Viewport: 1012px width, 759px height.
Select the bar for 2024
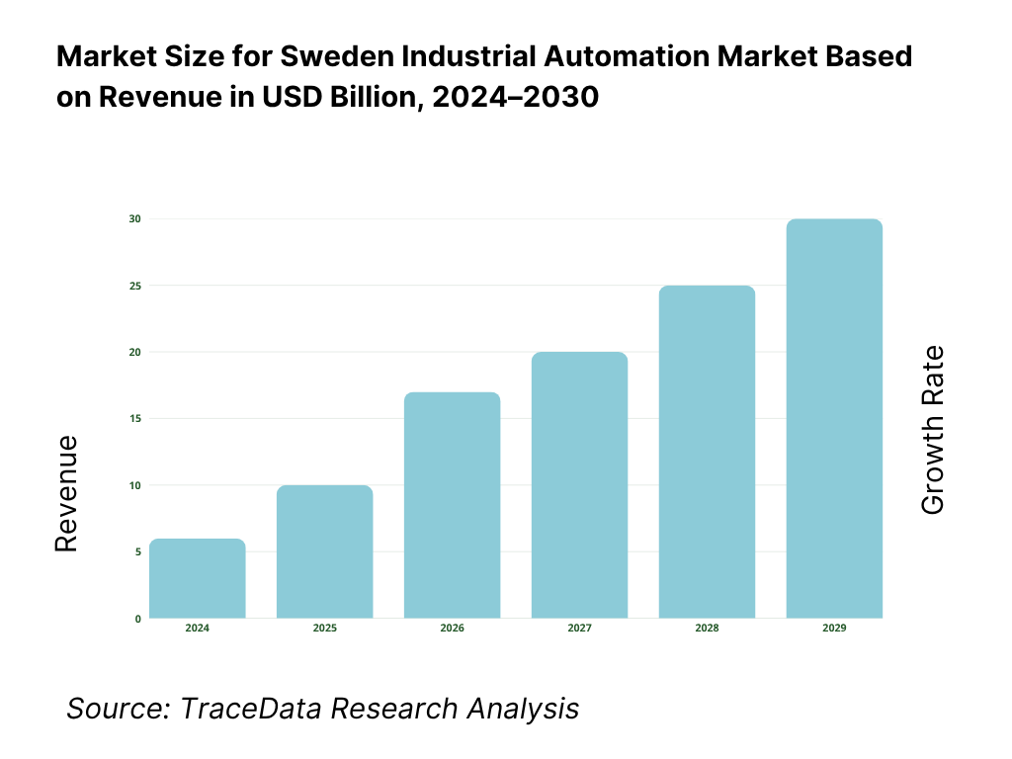click(198, 579)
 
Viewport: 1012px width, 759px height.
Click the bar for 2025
click(325, 552)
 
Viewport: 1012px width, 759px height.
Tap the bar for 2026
click(453, 506)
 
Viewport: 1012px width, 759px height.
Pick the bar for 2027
click(580, 485)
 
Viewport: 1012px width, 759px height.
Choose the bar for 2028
click(708, 453)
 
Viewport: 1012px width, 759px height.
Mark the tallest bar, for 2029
click(835, 419)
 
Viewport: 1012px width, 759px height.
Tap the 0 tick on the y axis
click(137, 619)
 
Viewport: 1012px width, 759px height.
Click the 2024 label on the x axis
click(198, 629)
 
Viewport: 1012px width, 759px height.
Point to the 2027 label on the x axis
click(580, 629)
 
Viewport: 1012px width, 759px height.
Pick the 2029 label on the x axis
click(835, 629)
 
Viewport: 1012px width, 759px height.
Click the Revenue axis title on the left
click(66, 494)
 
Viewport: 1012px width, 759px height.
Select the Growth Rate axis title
click(932, 430)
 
